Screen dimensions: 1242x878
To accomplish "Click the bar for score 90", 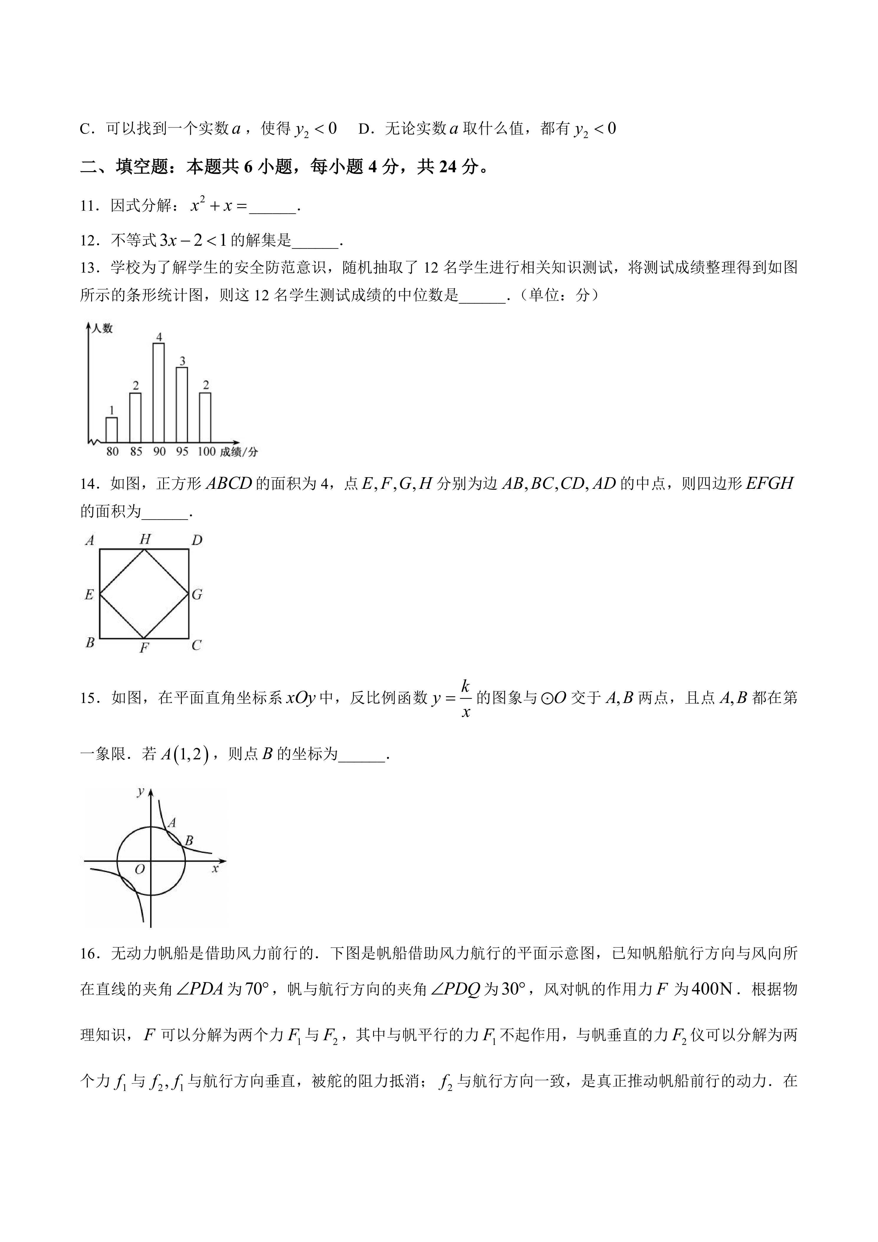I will pyautogui.click(x=159, y=393).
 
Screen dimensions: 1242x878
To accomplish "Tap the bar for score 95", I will pyautogui.click(x=182, y=405).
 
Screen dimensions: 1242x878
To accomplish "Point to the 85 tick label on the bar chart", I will pyautogui.click(x=136, y=451).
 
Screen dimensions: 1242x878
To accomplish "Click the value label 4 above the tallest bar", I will pyautogui.click(x=159, y=337).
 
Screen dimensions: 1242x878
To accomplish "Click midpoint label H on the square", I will pyautogui.click(x=144, y=539).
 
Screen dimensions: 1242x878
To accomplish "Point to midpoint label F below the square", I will pyautogui.click(x=144, y=648).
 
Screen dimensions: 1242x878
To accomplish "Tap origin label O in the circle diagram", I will pyautogui.click(x=140, y=870).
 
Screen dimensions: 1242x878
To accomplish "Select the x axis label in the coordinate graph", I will pyautogui.click(x=215, y=869).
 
